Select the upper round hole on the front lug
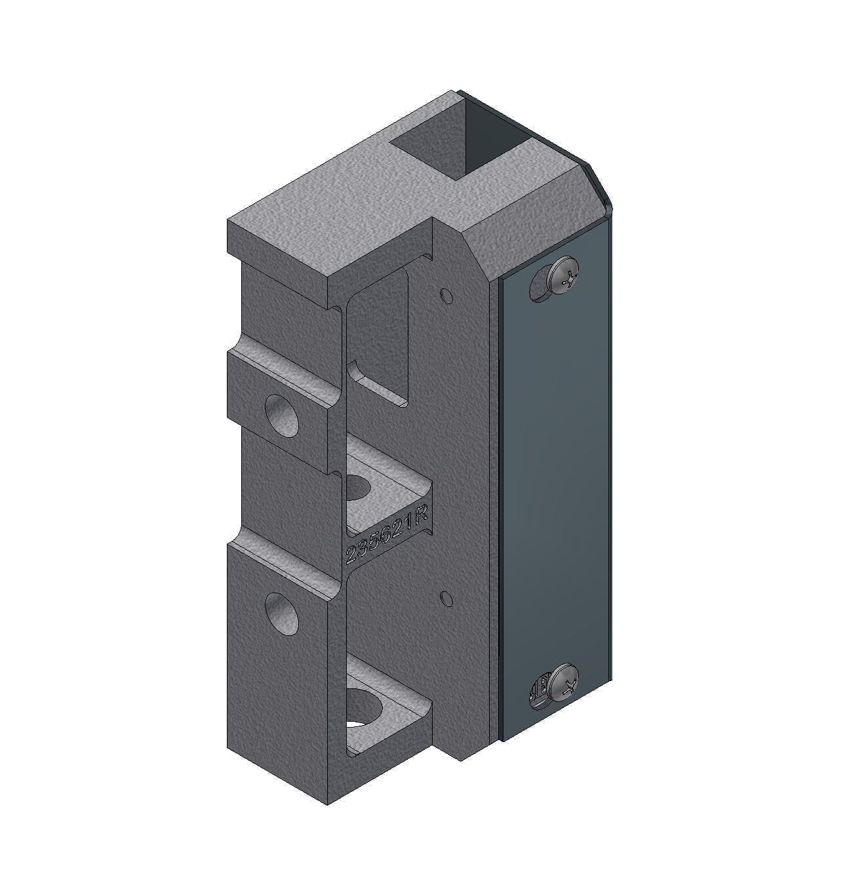click(281, 416)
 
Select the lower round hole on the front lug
click(281, 613)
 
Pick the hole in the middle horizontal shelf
click(358, 486)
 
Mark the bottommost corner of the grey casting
click(328, 804)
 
